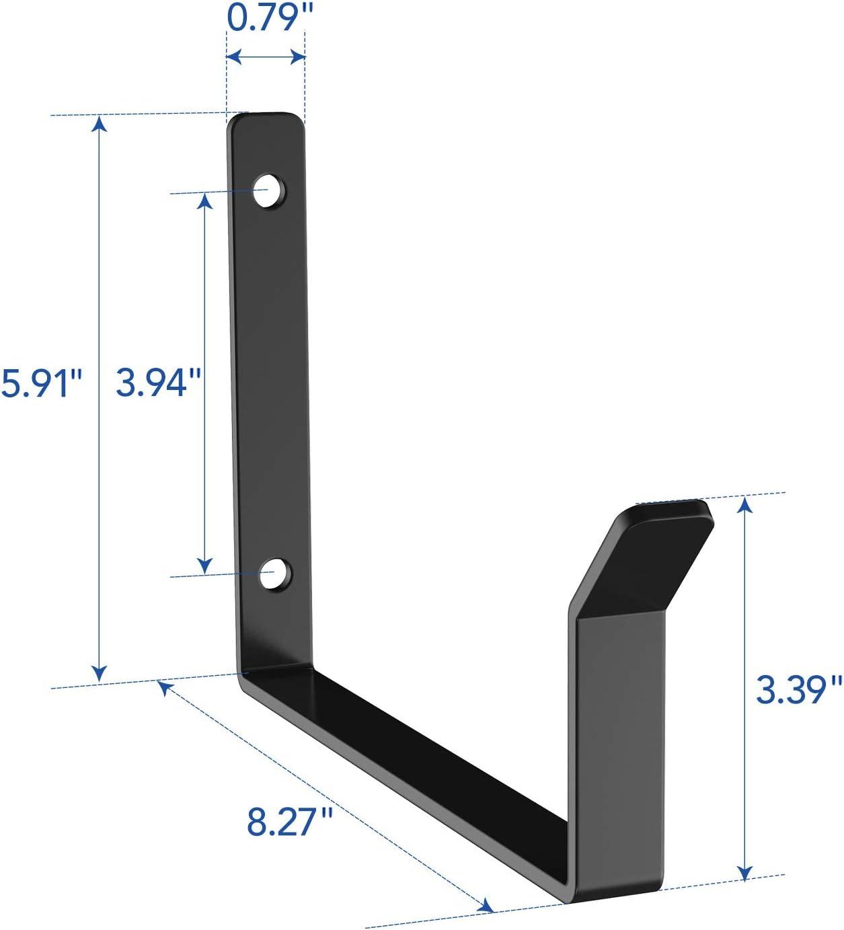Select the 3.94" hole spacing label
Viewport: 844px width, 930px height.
point(159,383)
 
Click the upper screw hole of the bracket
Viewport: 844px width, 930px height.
point(269,191)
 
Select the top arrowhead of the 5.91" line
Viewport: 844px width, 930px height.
point(100,122)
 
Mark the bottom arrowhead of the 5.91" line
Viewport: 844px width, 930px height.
point(100,674)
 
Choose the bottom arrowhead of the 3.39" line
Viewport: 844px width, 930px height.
point(744,872)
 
